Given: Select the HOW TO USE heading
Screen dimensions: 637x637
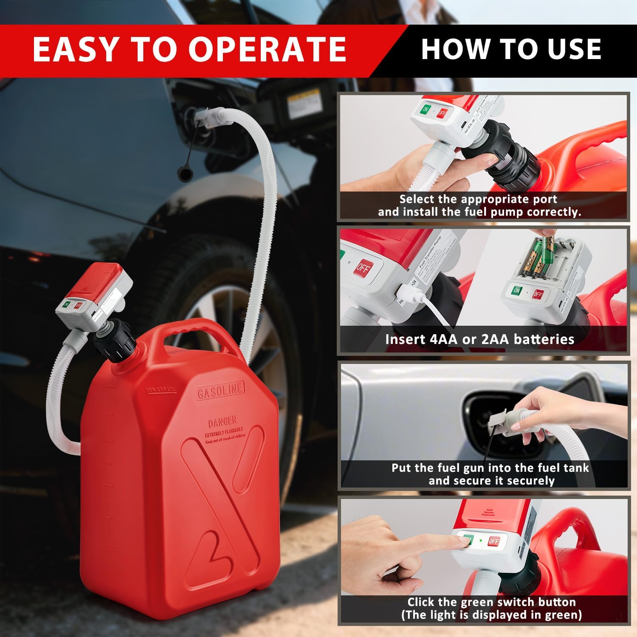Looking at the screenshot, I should coord(511,49).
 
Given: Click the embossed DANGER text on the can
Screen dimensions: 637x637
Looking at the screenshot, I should coord(222,422).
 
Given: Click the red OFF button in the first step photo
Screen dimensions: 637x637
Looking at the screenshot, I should coord(442,113).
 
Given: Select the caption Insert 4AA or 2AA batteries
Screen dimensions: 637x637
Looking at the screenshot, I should coord(479,339).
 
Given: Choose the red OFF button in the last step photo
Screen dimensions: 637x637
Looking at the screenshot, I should coord(493,541).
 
